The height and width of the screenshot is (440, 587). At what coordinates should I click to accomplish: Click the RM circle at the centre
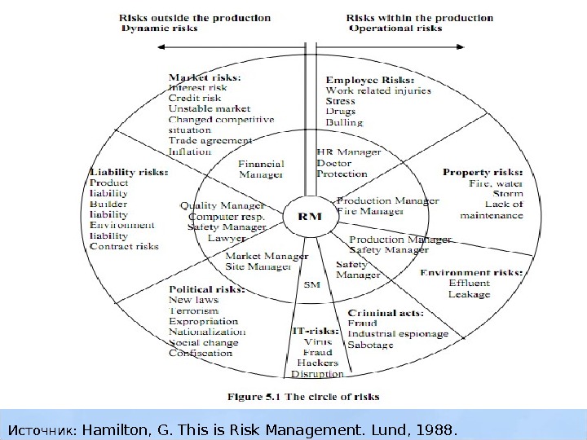coord(306,217)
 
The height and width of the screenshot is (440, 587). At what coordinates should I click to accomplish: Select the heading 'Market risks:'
coord(205,77)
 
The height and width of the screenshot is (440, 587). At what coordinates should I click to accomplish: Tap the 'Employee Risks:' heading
coord(370,81)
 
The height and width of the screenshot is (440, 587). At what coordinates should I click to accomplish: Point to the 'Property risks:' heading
coord(482,173)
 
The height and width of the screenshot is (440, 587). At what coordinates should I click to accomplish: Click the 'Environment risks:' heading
coord(471,272)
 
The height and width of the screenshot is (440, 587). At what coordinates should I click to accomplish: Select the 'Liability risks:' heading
coord(129,173)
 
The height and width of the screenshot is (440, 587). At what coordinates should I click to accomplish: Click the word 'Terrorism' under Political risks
coord(194,310)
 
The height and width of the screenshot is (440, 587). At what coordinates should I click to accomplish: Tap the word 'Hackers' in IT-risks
coord(318,363)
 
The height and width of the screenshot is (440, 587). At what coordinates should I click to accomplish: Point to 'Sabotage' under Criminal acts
coord(370,345)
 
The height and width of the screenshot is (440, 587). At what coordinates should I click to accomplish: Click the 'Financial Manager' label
coord(261,169)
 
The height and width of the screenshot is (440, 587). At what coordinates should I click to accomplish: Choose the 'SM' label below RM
coord(311,284)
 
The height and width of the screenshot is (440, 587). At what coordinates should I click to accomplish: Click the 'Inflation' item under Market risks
coord(189,152)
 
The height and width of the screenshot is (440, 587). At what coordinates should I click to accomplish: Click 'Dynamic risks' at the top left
coord(159,28)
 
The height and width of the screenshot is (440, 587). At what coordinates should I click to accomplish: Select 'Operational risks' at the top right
coord(395,28)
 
